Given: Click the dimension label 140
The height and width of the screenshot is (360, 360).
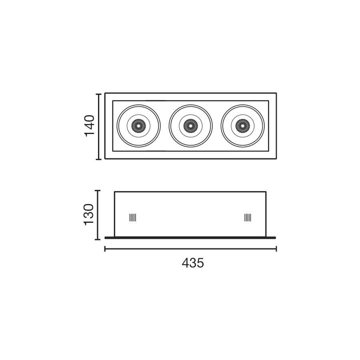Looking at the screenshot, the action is [x=90, y=126].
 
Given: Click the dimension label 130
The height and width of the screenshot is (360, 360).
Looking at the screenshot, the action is [x=89, y=214].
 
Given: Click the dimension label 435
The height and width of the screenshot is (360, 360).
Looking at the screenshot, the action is [x=193, y=263].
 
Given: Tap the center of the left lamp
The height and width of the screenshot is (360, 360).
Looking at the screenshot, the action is [x=139, y=126].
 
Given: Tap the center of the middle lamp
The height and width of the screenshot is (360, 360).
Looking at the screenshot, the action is [x=190, y=126].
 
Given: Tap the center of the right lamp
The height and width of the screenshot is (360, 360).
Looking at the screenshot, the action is [x=243, y=126].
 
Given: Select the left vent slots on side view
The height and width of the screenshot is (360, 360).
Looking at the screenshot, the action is [x=133, y=218].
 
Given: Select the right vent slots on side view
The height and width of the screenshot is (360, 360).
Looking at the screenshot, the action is [x=248, y=218].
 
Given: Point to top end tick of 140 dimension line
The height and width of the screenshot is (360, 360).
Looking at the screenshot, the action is [x=98, y=94].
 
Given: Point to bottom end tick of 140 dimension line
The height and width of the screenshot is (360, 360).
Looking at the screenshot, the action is [x=98, y=159].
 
